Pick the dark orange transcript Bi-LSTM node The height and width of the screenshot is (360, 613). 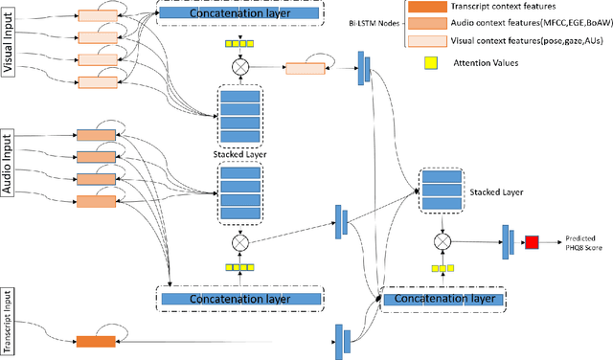coord(95,341)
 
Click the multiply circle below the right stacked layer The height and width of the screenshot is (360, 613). coord(443,241)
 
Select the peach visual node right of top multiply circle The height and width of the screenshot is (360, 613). coord(305,69)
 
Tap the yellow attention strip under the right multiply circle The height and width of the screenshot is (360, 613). coord(443,269)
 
